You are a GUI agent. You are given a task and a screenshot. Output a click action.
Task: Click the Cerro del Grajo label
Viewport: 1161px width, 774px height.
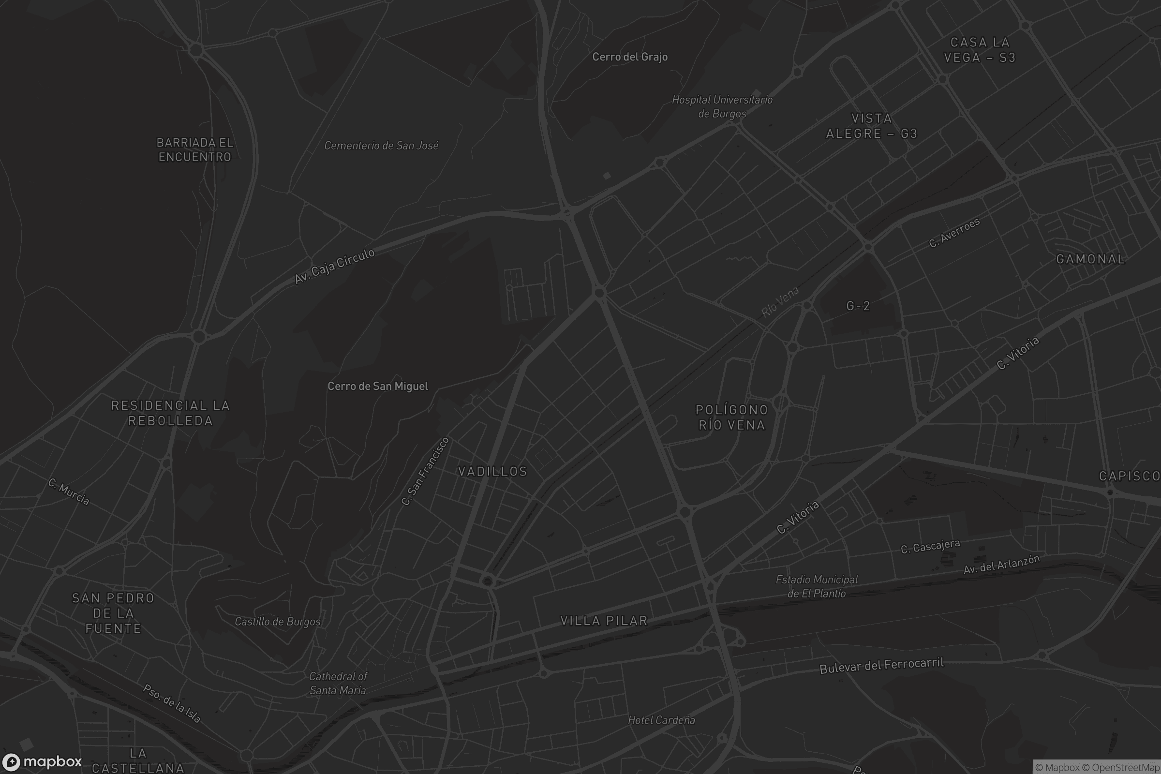[x=630, y=57]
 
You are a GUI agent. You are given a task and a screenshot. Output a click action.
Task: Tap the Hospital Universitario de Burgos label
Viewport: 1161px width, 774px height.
[x=722, y=106]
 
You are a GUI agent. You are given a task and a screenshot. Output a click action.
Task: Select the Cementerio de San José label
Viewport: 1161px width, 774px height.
[x=381, y=146]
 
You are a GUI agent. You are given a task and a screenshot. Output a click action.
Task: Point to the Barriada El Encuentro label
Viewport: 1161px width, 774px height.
[x=195, y=149]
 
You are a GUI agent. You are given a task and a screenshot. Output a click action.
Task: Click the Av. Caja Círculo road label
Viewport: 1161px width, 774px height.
[x=334, y=267]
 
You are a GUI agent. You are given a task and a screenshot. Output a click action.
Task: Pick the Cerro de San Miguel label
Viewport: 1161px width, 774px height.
[x=378, y=386]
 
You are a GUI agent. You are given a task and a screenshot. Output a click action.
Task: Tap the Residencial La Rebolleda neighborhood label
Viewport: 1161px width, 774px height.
[x=170, y=413]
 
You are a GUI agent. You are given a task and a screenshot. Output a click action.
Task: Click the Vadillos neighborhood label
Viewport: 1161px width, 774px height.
[x=492, y=471]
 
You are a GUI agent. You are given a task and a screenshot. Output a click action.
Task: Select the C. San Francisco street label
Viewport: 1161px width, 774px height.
[x=425, y=471]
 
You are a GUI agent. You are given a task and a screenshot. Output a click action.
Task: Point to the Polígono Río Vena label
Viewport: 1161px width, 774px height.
[x=731, y=417]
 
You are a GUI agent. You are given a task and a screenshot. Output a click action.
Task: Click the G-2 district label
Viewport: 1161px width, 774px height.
[x=858, y=306]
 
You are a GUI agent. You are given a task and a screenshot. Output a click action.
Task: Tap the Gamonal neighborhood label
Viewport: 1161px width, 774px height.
[x=1090, y=259]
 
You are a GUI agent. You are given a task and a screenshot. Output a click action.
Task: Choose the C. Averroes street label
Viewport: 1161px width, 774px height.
[x=954, y=233]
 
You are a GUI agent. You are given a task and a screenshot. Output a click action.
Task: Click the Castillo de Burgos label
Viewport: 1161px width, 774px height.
[x=277, y=622]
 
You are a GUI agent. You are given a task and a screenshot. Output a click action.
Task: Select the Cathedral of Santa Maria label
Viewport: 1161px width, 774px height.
[x=338, y=683]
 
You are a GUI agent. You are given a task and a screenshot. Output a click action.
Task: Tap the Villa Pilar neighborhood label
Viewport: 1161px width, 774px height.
[x=604, y=621]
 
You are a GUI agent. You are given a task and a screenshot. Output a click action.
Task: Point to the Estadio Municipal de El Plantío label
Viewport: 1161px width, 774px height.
[x=817, y=586]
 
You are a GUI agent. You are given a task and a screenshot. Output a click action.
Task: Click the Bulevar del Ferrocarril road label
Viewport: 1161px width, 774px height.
[x=881, y=666]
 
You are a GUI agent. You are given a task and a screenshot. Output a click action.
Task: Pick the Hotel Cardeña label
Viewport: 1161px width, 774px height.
[x=661, y=720]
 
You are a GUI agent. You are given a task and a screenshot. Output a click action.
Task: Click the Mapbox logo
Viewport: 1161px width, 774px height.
[x=42, y=761]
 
